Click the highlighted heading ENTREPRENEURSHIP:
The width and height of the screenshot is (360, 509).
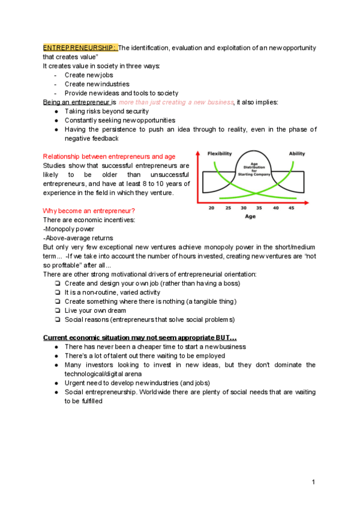(80, 47)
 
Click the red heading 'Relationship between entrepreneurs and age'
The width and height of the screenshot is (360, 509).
(109, 157)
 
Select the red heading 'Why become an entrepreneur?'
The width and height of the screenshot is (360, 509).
(89, 211)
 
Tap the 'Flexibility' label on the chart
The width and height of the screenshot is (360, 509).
(220, 154)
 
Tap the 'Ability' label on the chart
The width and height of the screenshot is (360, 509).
(297, 154)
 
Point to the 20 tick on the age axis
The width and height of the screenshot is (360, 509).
(211, 208)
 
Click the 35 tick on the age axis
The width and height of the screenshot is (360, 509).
(259, 208)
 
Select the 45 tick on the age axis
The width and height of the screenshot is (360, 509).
(292, 208)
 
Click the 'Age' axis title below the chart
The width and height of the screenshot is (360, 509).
(250, 217)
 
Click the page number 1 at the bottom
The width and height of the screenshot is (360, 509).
(313, 482)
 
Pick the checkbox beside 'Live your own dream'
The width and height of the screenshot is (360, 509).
(56, 310)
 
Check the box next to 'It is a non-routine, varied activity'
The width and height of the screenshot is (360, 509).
(56, 292)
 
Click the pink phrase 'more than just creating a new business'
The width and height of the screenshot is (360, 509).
(176, 103)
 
